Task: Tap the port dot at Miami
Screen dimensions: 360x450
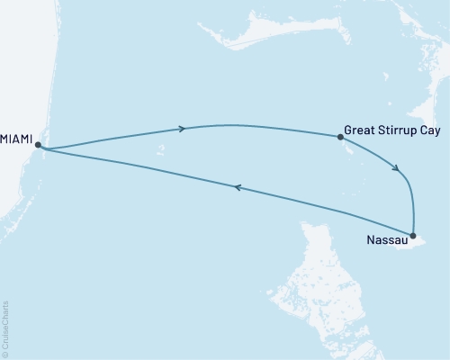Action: (x=38, y=144)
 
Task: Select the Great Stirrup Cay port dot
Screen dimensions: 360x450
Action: (x=339, y=137)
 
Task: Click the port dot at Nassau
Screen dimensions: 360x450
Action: (x=413, y=236)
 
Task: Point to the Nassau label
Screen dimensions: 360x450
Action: (x=386, y=240)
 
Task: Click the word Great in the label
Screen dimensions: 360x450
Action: (x=361, y=128)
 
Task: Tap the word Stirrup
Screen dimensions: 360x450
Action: (x=400, y=128)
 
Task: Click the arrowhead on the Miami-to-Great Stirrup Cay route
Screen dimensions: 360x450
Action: (x=182, y=129)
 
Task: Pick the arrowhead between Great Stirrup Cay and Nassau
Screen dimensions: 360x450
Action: (x=397, y=167)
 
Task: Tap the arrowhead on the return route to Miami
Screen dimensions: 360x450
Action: (x=237, y=187)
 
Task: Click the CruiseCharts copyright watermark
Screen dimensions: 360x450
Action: (x=5, y=328)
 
